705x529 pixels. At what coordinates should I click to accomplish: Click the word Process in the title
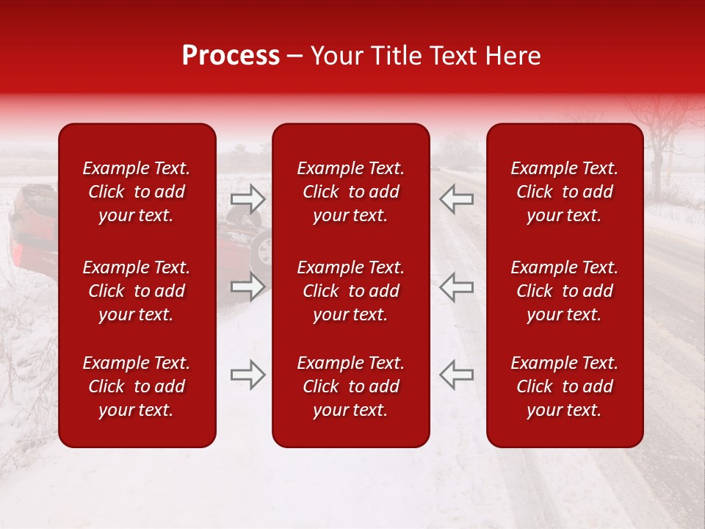pos(231,56)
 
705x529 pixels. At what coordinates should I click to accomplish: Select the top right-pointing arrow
pos(248,199)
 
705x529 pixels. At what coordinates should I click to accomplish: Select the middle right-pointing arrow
pos(248,287)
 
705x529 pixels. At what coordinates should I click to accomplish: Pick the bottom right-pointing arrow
pos(248,375)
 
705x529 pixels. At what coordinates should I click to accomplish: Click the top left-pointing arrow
pos(456,199)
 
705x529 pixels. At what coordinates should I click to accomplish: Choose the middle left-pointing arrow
pos(456,287)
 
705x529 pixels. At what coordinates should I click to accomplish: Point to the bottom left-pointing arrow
pos(456,375)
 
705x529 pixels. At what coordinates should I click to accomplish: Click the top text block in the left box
pos(137,192)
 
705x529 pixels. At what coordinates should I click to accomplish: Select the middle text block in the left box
pos(137,291)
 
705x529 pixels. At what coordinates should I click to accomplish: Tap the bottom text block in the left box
pos(137,386)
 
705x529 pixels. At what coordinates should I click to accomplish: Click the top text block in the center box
pos(351,192)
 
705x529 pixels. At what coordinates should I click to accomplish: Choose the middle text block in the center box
pos(351,291)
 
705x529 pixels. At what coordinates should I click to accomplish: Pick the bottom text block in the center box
pos(351,386)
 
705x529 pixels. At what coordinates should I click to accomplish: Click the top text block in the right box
pos(565,192)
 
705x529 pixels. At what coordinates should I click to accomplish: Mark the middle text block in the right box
pos(565,291)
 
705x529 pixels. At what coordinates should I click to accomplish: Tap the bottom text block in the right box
pos(565,386)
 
